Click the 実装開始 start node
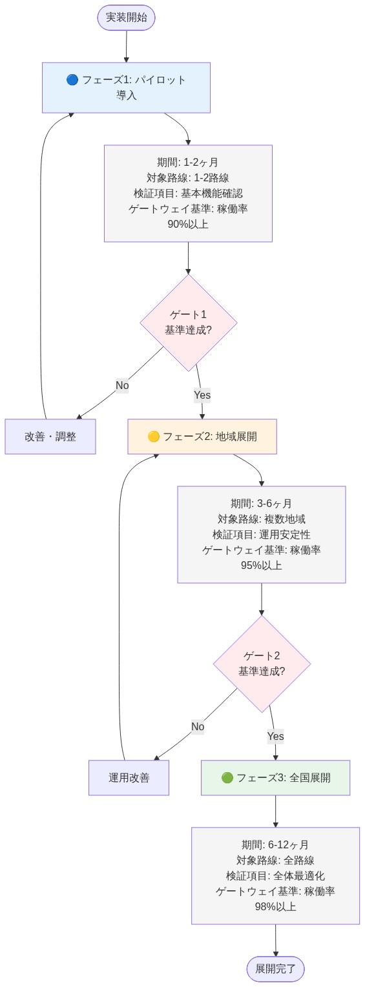pyautogui.click(x=126, y=17)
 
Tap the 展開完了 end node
pyautogui.click(x=275, y=968)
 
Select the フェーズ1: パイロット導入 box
pyautogui.click(x=126, y=88)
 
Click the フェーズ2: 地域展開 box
pyautogui.click(x=202, y=437)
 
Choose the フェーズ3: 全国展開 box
pyautogui.click(x=276, y=778)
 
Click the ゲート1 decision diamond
pyautogui.click(x=188, y=323)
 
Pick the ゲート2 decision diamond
pyautogui.click(x=262, y=663)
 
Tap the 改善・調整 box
pyautogui.click(x=50, y=437)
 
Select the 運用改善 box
pyautogui.click(x=129, y=778)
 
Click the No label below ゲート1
pyautogui.click(x=122, y=386)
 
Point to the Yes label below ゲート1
pyautogui.click(x=202, y=395)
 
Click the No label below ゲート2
pyautogui.click(x=198, y=727)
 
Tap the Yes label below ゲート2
pyautogui.click(x=276, y=736)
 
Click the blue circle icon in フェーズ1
pyautogui.click(x=72, y=80)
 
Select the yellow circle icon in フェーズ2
pyautogui.click(x=154, y=437)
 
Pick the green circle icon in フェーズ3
pyautogui.click(x=227, y=778)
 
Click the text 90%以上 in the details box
pyautogui.click(x=188, y=224)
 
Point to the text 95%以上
pyautogui.click(x=262, y=566)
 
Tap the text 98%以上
pyautogui.click(x=276, y=906)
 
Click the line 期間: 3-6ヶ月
pyautogui.click(x=262, y=504)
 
